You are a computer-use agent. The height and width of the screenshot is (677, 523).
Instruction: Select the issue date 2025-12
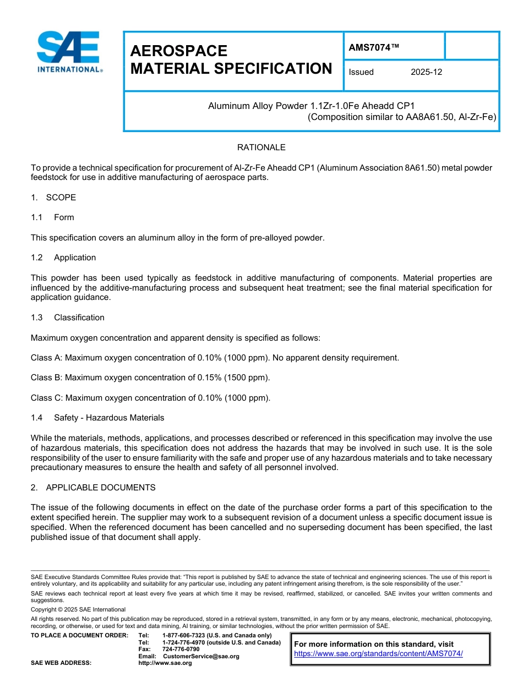pos(426,72)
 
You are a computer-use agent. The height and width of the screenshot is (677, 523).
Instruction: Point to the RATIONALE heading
pos(261,148)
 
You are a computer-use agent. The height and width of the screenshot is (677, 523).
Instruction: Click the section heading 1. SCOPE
pos(53,197)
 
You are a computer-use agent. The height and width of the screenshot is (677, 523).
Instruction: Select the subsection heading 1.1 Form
pos(52,217)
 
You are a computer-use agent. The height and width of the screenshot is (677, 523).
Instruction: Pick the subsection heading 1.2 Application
pos(63,258)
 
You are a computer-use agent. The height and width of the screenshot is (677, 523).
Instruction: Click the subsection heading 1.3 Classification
pos(68,318)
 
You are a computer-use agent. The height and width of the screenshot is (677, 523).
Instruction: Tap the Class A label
pos(46,358)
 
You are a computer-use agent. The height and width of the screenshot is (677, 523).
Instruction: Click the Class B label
pos(46,378)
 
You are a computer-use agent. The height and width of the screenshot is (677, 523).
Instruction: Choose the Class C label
pos(46,398)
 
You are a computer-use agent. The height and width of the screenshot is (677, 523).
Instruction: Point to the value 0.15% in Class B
pos(207,378)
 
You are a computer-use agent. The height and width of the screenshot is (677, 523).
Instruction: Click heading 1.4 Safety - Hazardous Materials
pos(97,418)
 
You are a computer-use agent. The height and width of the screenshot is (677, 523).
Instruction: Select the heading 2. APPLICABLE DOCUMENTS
pos(93,488)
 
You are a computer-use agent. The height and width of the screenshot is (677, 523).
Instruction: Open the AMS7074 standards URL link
pos(378,653)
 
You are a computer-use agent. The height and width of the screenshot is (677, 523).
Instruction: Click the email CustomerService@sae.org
pos(201,656)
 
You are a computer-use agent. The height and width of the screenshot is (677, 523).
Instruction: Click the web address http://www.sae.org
pos(165,663)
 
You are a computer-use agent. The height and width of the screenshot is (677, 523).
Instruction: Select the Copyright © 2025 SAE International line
pos(78,609)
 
